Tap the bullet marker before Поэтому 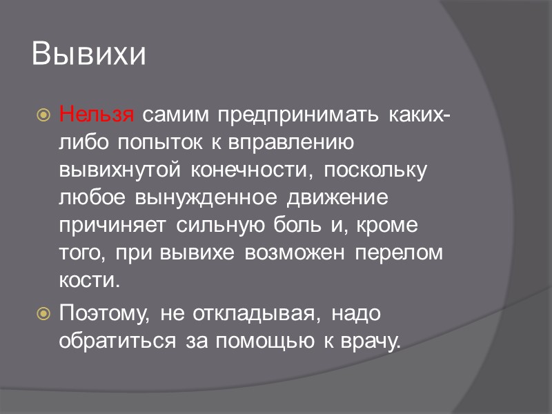pyautogui.click(x=43, y=314)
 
